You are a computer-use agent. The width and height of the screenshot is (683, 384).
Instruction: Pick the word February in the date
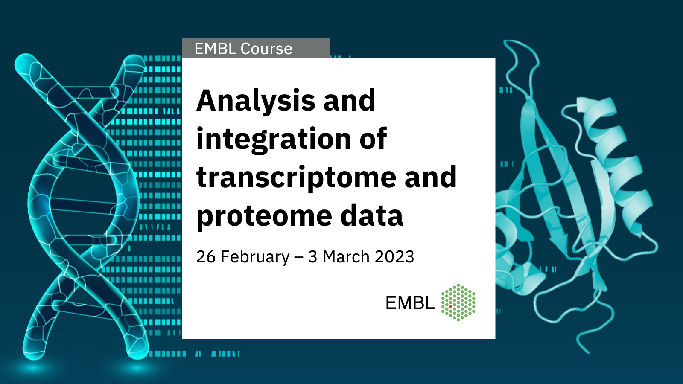click(x=255, y=257)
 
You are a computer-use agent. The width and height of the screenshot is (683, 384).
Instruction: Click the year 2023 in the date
click(x=394, y=256)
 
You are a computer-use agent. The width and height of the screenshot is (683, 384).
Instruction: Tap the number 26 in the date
click(x=206, y=256)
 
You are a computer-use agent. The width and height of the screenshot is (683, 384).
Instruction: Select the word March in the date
click(x=346, y=256)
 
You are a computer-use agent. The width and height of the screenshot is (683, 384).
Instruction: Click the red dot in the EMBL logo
click(x=450, y=307)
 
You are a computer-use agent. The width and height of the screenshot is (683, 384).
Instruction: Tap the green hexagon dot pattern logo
click(x=458, y=302)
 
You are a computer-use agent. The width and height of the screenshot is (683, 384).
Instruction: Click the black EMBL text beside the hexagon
click(x=410, y=303)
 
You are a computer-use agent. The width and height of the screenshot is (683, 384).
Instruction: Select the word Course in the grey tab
click(x=266, y=49)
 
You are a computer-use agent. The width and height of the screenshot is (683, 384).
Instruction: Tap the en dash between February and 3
click(x=299, y=258)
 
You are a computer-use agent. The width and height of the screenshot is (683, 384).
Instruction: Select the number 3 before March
click(x=313, y=256)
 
